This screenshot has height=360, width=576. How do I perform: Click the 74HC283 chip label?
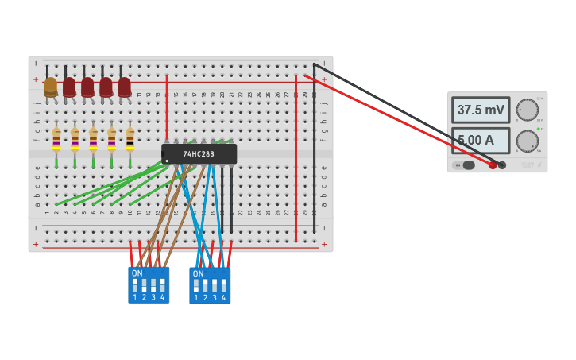tap(199, 154)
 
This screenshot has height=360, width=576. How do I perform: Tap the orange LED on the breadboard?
tap(51, 87)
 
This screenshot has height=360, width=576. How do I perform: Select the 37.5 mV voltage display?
tap(481, 110)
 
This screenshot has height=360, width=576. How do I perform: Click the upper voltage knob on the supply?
tap(527, 110)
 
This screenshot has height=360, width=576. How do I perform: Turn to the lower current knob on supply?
tap(527, 141)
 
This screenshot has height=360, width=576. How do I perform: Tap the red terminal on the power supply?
tap(493, 165)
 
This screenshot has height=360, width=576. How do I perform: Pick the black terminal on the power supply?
tap(502, 165)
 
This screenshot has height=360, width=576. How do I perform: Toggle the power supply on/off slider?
tap(466, 165)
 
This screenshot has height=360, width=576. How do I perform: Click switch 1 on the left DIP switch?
tap(135, 285)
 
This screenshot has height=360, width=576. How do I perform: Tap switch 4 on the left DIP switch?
tap(162, 285)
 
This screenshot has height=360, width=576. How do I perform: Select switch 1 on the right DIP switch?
tap(196, 285)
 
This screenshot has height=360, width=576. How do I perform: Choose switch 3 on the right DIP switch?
tap(215, 285)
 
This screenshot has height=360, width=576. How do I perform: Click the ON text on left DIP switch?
tap(137, 273)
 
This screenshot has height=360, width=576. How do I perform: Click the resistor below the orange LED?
tap(56, 139)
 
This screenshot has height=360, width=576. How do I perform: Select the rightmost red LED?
tap(125, 87)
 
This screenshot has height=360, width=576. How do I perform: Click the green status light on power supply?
tap(539, 129)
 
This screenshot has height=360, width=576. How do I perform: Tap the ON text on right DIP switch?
tap(198, 273)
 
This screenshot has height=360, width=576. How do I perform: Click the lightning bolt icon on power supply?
tap(539, 165)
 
